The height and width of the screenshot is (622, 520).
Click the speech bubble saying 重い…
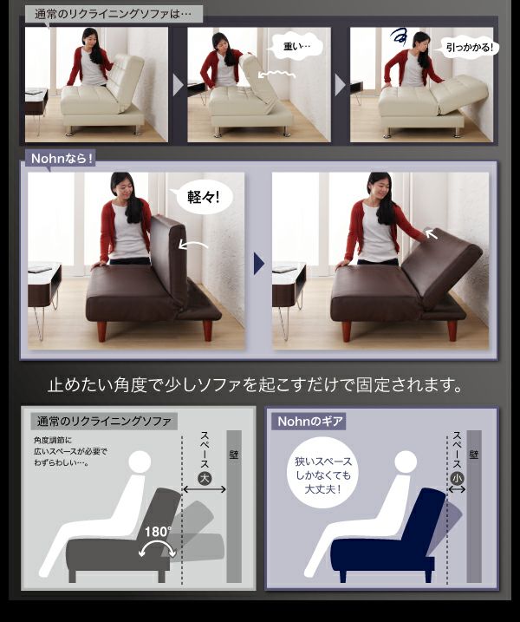[295, 47]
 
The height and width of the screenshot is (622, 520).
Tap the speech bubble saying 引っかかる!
[469, 48]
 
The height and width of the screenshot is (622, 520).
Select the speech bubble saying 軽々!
[202, 197]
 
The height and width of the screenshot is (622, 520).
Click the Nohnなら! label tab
[61, 159]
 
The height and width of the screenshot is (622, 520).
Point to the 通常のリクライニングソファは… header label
[114, 14]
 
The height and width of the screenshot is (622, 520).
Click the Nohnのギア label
[309, 421]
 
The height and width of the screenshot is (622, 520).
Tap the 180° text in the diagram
[158, 531]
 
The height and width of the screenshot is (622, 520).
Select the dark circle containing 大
[205, 478]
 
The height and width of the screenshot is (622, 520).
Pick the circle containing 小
[458, 478]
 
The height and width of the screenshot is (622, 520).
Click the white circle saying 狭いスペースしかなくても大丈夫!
[322, 475]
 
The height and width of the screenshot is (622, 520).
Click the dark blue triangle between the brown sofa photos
[259, 264]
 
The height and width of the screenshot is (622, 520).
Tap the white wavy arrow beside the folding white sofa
[276, 75]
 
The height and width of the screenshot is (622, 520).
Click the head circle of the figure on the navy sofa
[406, 462]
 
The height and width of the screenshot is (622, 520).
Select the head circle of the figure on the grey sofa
[140, 462]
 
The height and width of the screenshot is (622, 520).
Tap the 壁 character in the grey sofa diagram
[234, 455]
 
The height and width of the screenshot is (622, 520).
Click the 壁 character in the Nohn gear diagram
[473, 455]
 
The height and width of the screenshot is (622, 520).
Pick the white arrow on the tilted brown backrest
[432, 234]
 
